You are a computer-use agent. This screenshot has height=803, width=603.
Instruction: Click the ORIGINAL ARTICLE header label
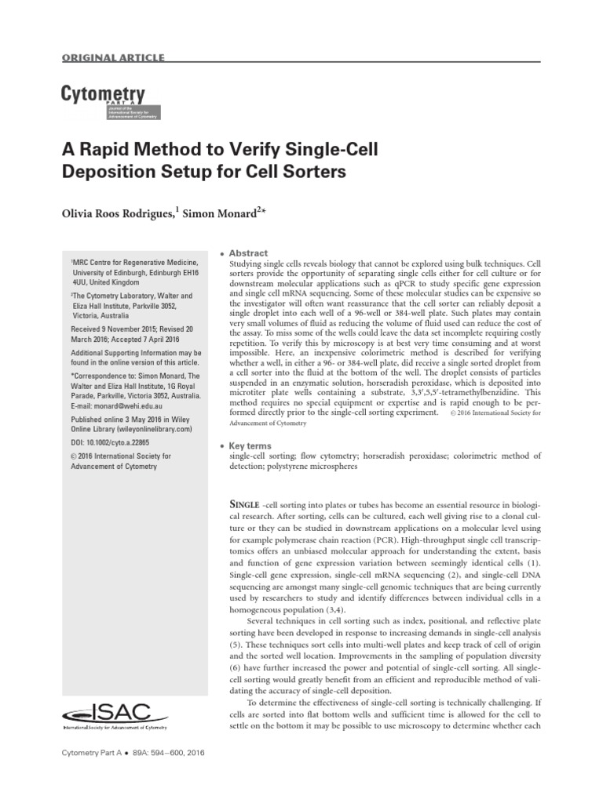[112, 58]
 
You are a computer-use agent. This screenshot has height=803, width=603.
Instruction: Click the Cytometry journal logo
[104, 102]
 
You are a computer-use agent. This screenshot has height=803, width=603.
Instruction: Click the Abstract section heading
[248, 253]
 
